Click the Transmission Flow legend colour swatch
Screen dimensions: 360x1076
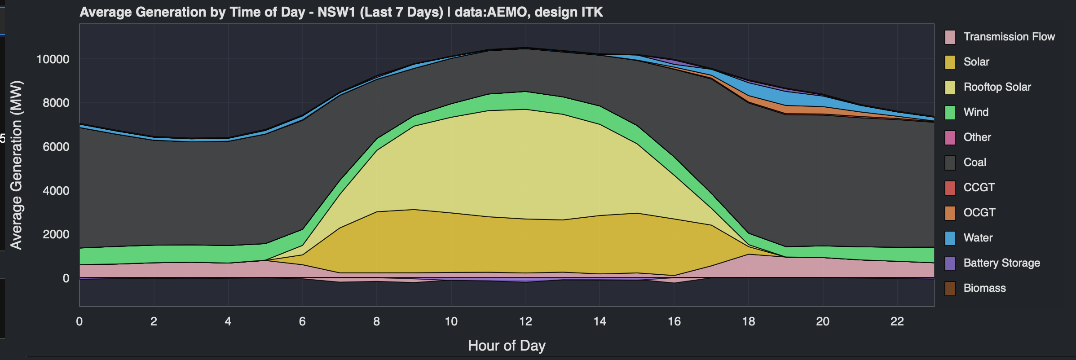950,37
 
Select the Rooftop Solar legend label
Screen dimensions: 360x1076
997,87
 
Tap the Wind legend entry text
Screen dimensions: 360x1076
976,112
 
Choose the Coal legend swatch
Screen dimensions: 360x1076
950,163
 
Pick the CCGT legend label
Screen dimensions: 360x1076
979,188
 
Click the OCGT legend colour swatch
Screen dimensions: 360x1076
950,213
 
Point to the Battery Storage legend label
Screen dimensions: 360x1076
1001,263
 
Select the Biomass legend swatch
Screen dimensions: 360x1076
950,289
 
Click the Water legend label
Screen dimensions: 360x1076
978,238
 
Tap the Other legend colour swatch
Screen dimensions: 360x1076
950,138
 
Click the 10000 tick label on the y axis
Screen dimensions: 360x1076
53,59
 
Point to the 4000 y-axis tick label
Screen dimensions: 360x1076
56,191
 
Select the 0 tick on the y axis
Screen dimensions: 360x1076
66,278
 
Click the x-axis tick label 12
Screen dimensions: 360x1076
525,321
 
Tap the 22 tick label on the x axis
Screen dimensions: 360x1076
897,321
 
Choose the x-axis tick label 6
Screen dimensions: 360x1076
302,321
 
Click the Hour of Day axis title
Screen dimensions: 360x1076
507,346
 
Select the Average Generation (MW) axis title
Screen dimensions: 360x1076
16,165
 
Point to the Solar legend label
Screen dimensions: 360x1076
976,62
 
